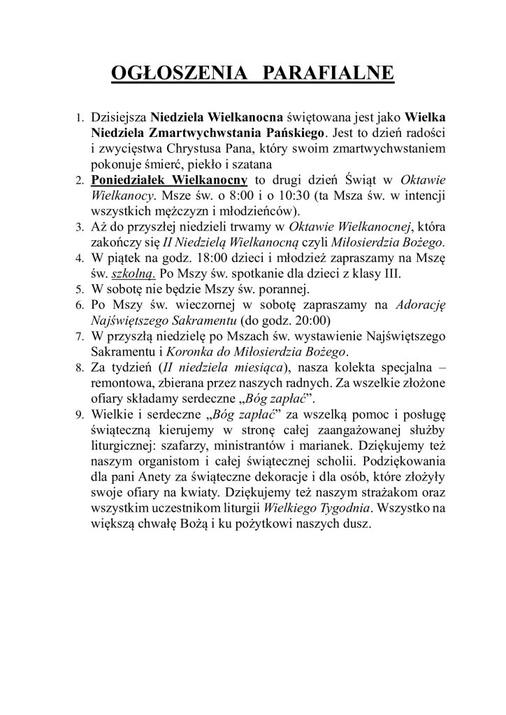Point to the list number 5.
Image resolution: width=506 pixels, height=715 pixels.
tap(79, 288)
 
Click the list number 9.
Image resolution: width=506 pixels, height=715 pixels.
tap(79, 418)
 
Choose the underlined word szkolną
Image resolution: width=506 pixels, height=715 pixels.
tap(135, 274)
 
